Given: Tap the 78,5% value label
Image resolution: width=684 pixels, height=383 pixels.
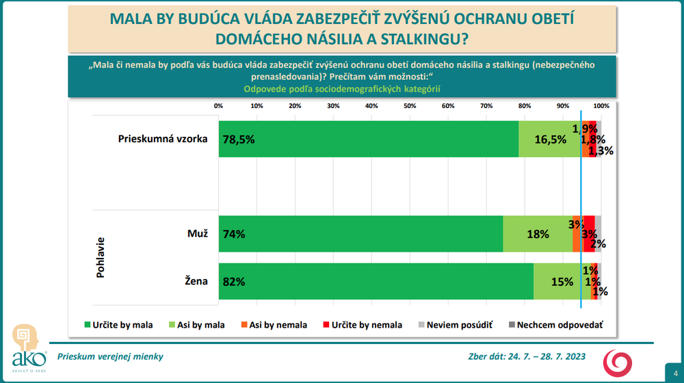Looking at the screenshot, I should coord(239,139).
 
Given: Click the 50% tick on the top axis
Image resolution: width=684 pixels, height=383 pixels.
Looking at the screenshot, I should coord(410,106).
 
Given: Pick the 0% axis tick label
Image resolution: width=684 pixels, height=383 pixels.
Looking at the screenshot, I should coord(219,106).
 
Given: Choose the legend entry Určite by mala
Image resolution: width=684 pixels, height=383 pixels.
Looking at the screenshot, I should coord(118,325).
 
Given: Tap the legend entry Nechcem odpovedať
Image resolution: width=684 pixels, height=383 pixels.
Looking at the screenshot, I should coord(555,325).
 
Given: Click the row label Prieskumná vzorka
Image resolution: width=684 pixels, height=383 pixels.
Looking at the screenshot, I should coord(163,139).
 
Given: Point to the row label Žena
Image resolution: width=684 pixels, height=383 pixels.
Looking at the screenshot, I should coord(196,281).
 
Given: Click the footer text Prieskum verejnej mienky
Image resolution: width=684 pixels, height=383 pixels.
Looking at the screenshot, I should coord(110,356).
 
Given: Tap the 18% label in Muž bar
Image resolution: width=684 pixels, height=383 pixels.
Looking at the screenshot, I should coord(538,234).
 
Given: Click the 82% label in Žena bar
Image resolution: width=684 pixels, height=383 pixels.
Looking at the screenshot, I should coord(234,281).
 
